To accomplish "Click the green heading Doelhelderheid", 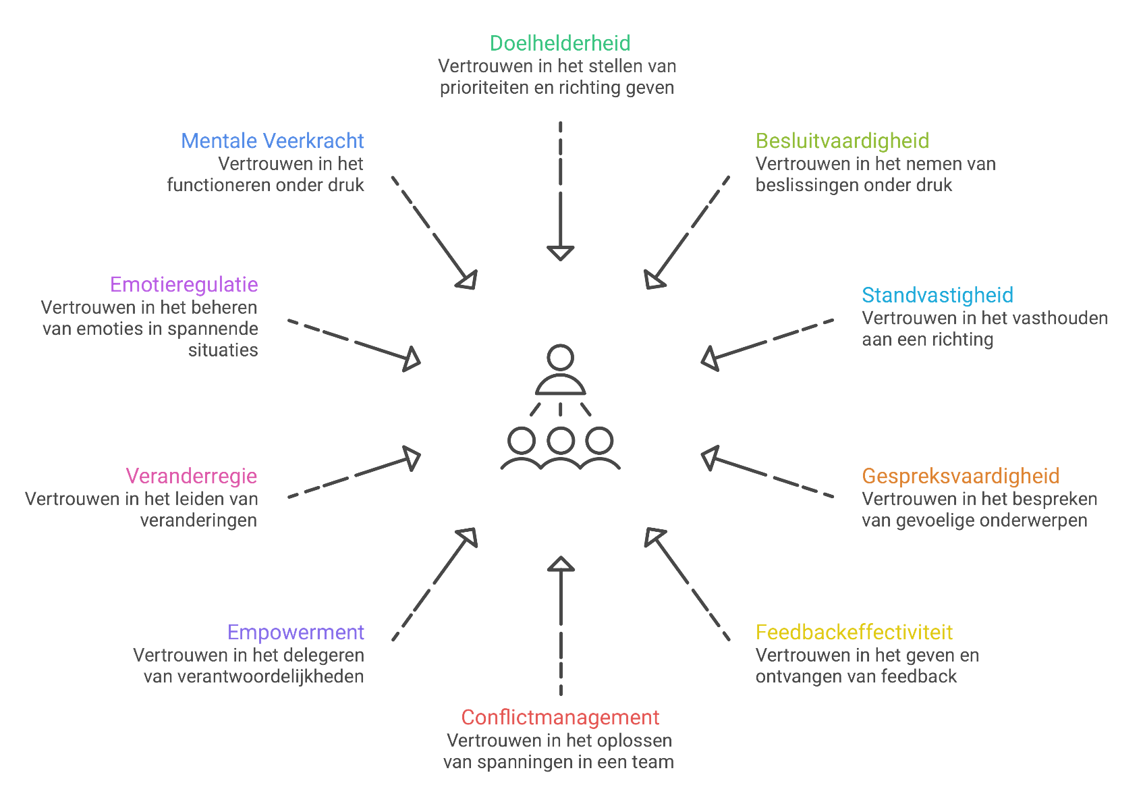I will [560, 43].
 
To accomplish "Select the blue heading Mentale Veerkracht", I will [273, 141].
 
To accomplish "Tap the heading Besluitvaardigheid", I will [842, 141].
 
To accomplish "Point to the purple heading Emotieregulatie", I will [184, 285].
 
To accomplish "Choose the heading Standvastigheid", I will [937, 296].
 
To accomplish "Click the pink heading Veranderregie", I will [192, 477].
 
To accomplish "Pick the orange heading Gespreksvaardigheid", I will [961, 477].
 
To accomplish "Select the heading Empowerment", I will [296, 633].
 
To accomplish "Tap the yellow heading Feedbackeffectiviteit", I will [854, 633].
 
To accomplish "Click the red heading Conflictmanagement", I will [560, 717].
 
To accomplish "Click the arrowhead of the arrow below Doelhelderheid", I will [560, 253].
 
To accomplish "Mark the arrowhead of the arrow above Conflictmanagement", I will [560, 563].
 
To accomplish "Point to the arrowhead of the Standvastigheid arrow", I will [709, 359].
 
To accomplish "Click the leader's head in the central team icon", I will [561, 358].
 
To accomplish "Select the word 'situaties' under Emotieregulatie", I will [223, 350].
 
